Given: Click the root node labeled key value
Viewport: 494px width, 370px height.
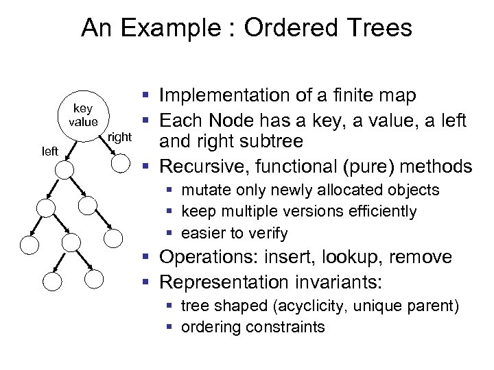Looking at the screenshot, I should click(x=82, y=115).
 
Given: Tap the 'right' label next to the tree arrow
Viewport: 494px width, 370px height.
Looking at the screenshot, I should click(x=119, y=138).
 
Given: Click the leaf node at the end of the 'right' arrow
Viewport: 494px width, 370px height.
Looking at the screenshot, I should click(x=119, y=163).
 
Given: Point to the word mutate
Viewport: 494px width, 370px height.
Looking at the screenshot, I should click(x=203, y=190).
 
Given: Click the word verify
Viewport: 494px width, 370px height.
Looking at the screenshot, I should click(x=269, y=233).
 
